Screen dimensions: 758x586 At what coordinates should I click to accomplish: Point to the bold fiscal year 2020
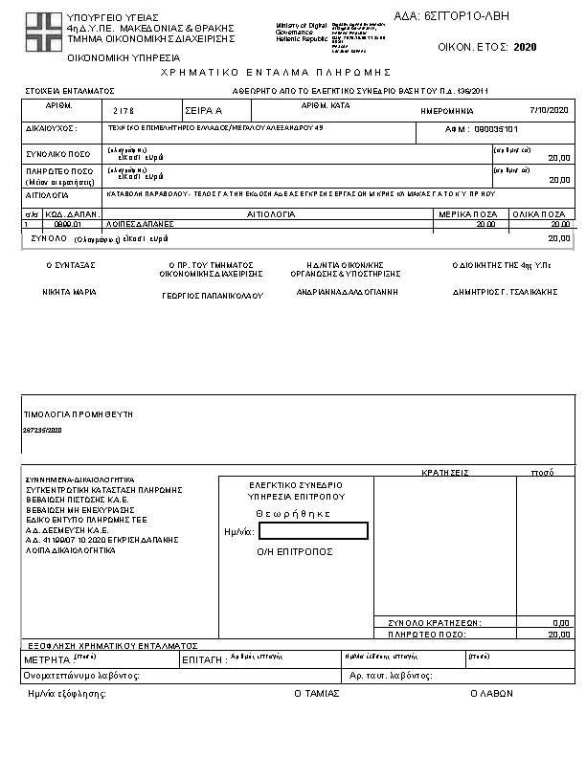[x=525, y=46]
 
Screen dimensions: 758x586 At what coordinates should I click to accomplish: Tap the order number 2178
[x=125, y=111]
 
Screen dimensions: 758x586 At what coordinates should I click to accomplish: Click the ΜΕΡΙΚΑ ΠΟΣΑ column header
[x=466, y=215]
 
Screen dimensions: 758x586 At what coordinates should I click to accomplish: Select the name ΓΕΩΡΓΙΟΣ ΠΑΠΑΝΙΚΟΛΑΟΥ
[x=211, y=296]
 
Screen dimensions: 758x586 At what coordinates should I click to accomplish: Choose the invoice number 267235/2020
[x=41, y=432]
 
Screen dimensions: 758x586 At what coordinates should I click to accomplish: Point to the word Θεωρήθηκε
[x=293, y=514]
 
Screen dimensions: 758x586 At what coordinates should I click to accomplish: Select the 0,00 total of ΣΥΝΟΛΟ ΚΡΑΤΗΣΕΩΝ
[x=561, y=622]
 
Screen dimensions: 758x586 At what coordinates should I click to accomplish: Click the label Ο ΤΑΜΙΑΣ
[x=316, y=693]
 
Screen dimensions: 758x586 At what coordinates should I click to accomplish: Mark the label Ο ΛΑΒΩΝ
[x=485, y=693]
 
